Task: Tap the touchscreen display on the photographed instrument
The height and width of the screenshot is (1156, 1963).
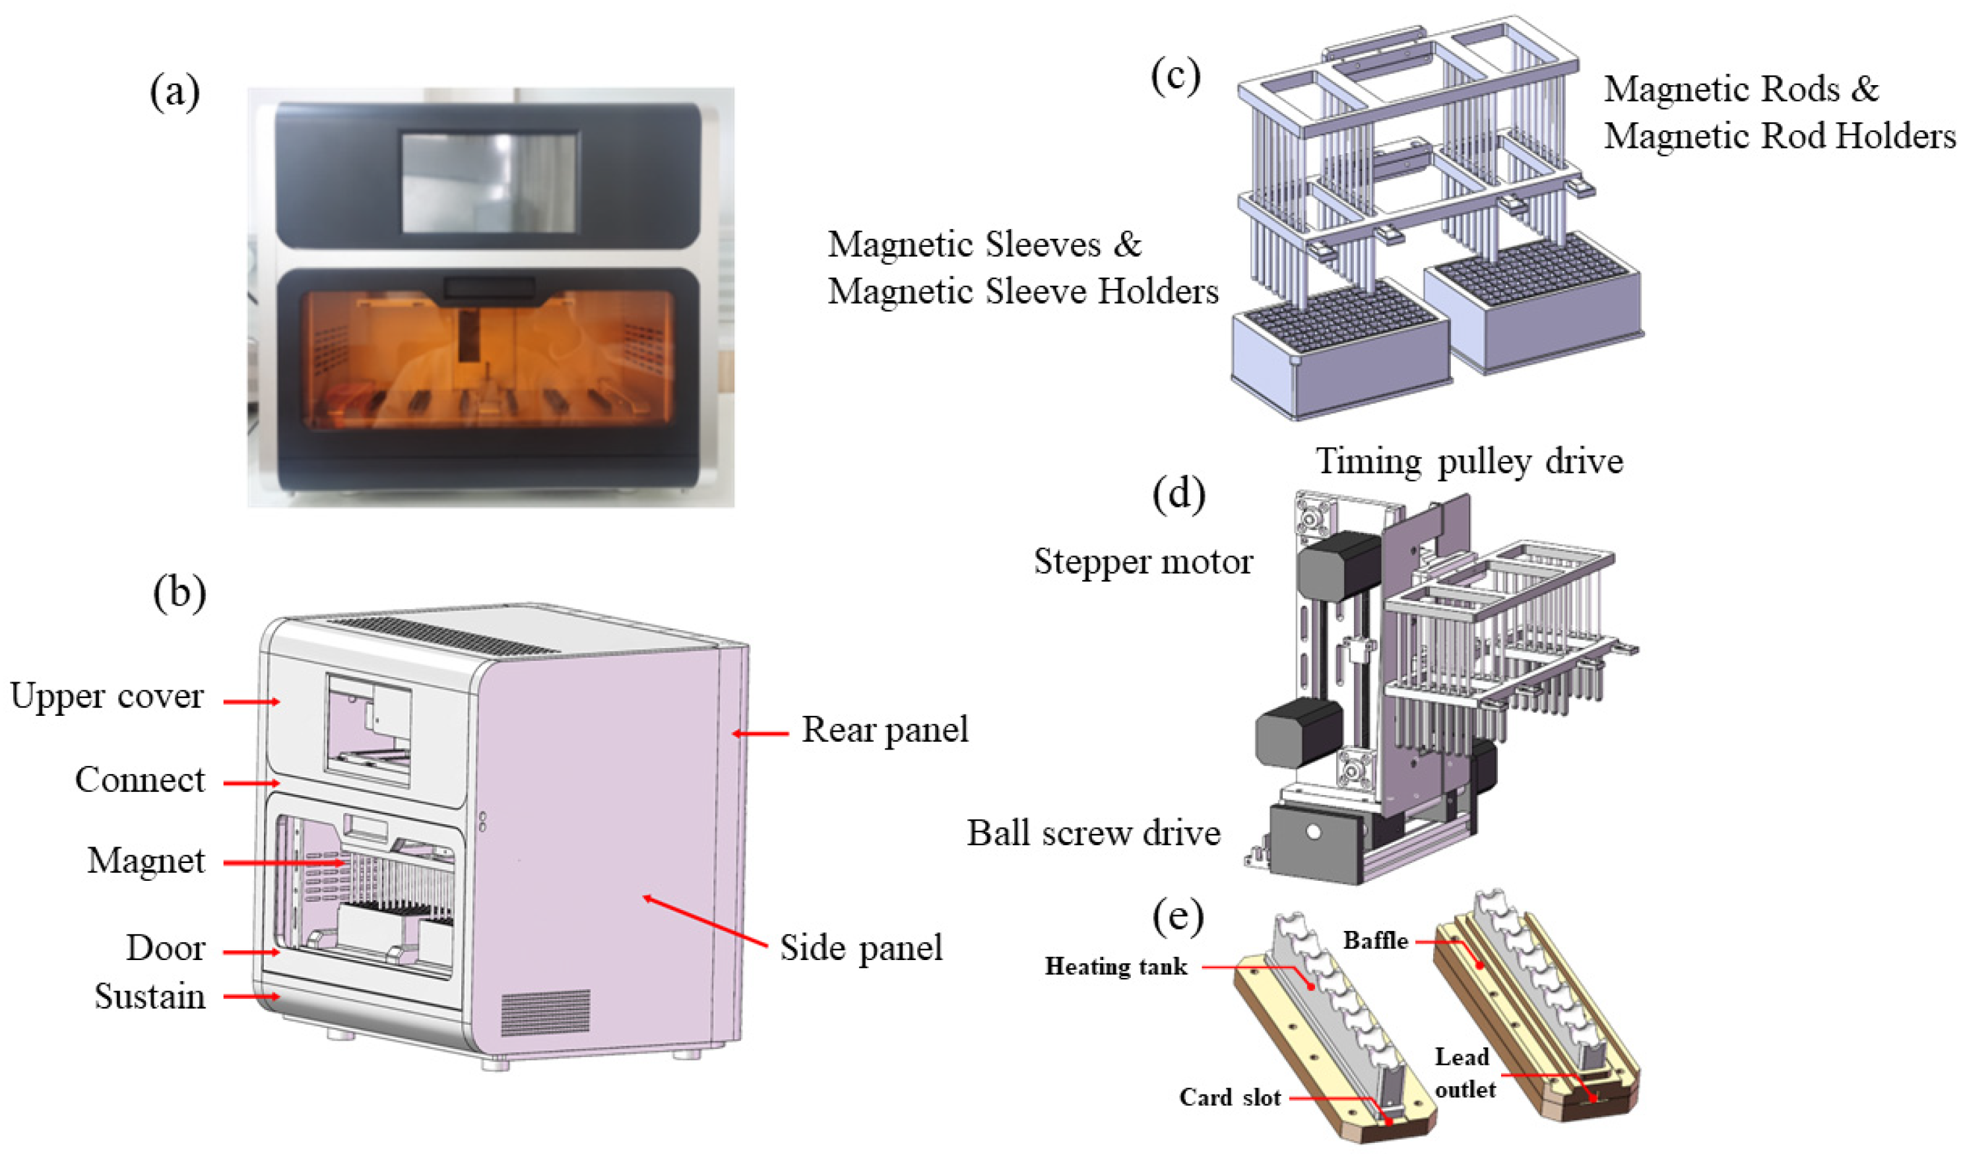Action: [489, 182]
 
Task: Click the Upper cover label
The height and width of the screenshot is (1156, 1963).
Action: [107, 695]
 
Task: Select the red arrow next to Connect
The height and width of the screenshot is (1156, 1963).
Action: [251, 782]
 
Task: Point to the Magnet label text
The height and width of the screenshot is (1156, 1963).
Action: [146, 861]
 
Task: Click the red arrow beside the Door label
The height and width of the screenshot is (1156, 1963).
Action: [251, 951]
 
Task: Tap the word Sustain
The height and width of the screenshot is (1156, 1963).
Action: [150, 996]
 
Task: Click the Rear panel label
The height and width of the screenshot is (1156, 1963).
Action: [885, 730]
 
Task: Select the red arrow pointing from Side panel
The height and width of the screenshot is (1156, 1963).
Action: [705, 922]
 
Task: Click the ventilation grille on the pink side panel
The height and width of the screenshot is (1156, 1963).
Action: [544, 1013]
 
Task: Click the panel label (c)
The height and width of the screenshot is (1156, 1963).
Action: [1175, 76]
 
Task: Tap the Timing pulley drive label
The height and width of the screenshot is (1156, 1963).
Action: [1469, 461]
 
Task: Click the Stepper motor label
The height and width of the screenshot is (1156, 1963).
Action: [1143, 561]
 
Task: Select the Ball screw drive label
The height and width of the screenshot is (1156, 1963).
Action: [1093, 833]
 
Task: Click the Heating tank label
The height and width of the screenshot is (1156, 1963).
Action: [1116, 966]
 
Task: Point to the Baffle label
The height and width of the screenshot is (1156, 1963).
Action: [1375, 940]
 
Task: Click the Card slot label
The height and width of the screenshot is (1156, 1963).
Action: [1229, 1097]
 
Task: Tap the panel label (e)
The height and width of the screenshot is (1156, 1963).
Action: [1178, 917]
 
